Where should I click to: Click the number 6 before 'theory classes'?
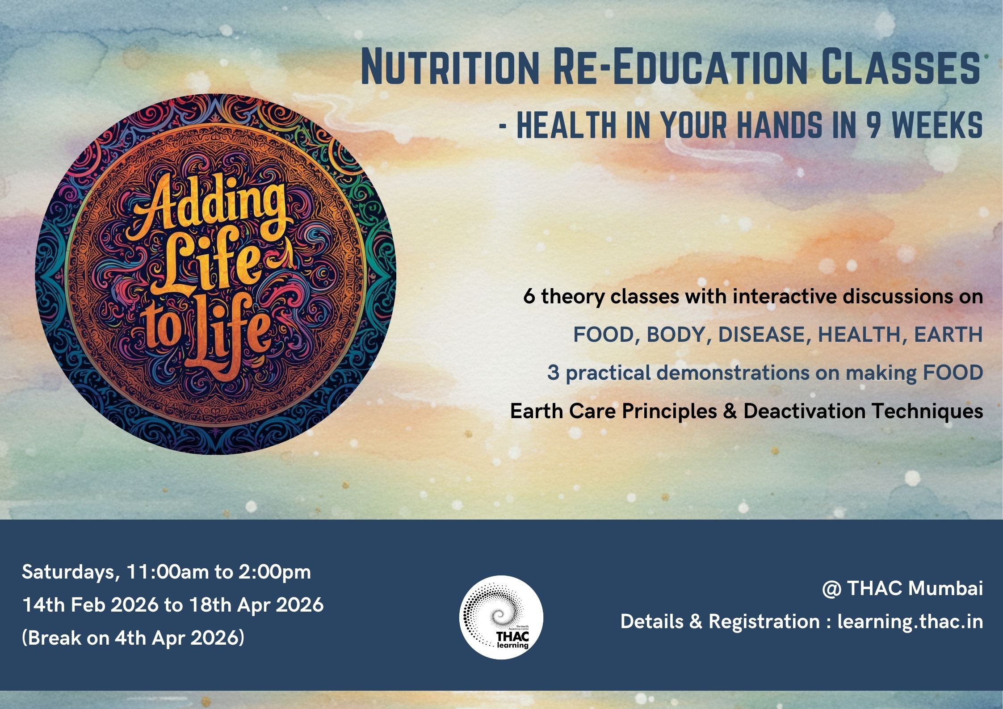529,297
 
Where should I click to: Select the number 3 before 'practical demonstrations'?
553,373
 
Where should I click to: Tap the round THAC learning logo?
501,617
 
